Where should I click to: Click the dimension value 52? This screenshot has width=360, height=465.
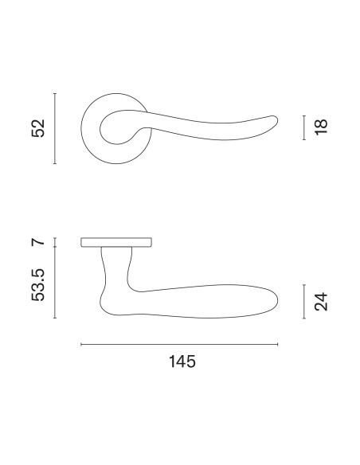[38, 128]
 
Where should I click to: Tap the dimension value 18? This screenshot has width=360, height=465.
[321, 127]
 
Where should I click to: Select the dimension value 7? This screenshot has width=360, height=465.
[38, 242]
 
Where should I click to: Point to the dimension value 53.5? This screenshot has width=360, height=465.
[38, 285]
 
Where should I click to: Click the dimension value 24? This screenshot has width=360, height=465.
[321, 302]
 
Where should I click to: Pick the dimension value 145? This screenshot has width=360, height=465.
[182, 361]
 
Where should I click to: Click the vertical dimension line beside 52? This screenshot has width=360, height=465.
[55, 128]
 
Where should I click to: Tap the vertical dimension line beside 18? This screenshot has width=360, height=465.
[304, 127]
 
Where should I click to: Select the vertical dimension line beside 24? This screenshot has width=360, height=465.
[304, 302]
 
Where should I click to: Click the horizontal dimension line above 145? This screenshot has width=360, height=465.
[179, 344]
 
